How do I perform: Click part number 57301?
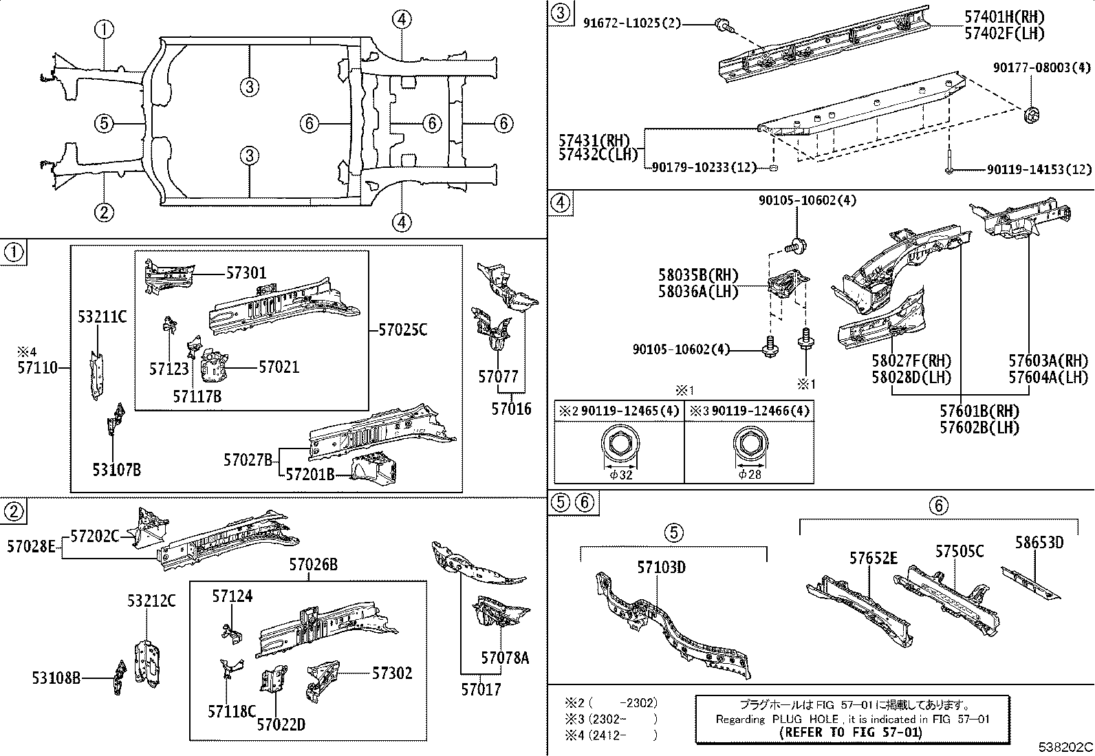[x=246, y=273]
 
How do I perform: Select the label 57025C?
[x=402, y=330]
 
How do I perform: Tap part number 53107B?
[x=117, y=470]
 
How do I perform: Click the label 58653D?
[x=1039, y=543]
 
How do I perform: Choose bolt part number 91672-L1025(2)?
[x=631, y=23]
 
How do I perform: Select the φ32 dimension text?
[x=620, y=474]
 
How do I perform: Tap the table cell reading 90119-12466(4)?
[x=750, y=411]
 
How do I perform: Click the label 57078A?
[x=505, y=658]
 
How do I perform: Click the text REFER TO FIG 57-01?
[x=851, y=732]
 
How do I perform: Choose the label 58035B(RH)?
[x=698, y=276]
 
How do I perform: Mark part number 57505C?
[x=959, y=552]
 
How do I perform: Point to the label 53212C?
[x=151, y=601]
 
